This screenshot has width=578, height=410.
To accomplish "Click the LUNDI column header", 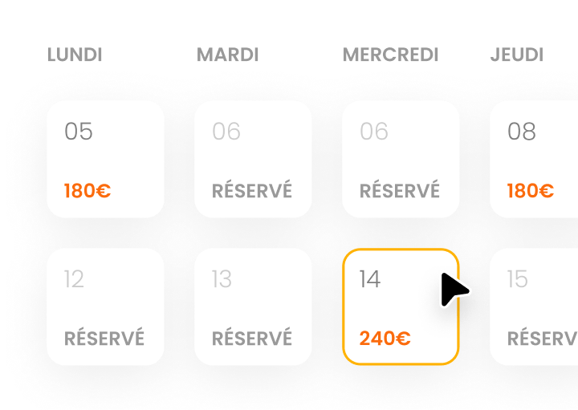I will coord(75,55).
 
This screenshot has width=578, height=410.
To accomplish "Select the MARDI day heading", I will coord(228,55).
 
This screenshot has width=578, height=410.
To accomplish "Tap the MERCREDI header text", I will coord(391,55).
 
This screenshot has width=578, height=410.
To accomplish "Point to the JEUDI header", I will coord(517,55).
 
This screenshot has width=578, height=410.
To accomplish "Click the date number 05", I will coord(79,131).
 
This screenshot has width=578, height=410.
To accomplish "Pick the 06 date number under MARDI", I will coord(226,131).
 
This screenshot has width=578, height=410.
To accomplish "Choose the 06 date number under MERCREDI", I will coord(374,131).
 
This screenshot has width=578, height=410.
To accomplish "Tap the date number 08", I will coord(522,131).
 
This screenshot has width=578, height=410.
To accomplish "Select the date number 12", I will coord(74,278).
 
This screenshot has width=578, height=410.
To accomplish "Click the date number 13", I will coord(222,278).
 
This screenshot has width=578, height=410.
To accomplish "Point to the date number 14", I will coord(370,278).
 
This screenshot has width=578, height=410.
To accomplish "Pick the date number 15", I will coord(518,278).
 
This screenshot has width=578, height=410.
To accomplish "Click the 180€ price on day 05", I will coord(88,191).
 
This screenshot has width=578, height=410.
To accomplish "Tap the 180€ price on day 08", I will coord(531,191).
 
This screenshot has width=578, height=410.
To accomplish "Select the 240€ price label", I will coord(385,339).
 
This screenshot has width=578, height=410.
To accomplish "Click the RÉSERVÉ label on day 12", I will coord(104,338).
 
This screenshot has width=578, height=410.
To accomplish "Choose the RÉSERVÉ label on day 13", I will coord(252,338).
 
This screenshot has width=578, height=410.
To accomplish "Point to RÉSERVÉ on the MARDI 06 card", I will coord(252,190).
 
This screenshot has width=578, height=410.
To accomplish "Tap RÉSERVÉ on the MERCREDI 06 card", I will coord(400,190).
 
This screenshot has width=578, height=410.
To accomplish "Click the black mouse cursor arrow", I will coord(454,290).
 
